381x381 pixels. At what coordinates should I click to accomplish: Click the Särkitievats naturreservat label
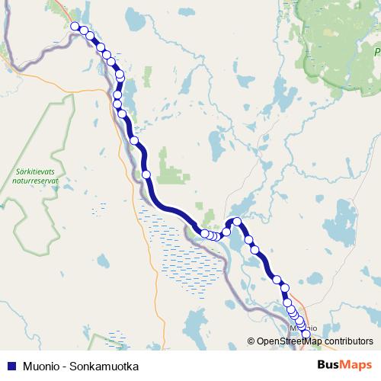(37, 178)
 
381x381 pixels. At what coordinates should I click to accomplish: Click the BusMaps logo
(344, 365)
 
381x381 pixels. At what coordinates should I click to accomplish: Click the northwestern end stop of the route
(75, 27)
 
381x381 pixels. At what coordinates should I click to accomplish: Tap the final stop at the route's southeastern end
(306, 334)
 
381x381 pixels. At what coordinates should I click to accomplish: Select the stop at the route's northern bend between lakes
(237, 222)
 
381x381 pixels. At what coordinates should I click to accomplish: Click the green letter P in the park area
(376, 52)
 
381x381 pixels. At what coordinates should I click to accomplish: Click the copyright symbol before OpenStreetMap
(251, 341)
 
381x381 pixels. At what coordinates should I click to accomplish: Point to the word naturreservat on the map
(37, 183)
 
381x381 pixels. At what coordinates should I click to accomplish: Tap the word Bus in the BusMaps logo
(328, 365)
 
